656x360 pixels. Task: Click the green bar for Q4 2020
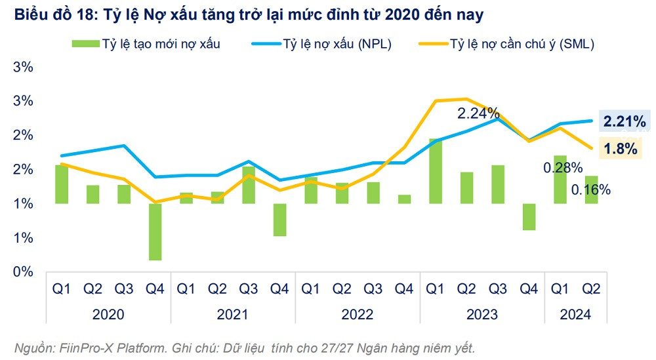(155, 231)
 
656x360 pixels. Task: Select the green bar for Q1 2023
(436, 171)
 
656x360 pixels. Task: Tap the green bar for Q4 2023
(529, 216)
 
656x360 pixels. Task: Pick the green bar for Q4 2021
(279, 220)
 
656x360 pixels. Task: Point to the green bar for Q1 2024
(560, 180)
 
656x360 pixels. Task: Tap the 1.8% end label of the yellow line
(621, 149)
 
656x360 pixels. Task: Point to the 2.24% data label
(478, 113)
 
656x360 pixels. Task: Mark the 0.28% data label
(563, 168)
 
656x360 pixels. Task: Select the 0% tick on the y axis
(24, 271)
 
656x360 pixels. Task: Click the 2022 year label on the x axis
(358, 315)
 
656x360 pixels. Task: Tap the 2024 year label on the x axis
(575, 315)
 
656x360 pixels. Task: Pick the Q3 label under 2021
(248, 289)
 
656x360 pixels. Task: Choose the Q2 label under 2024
(591, 289)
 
